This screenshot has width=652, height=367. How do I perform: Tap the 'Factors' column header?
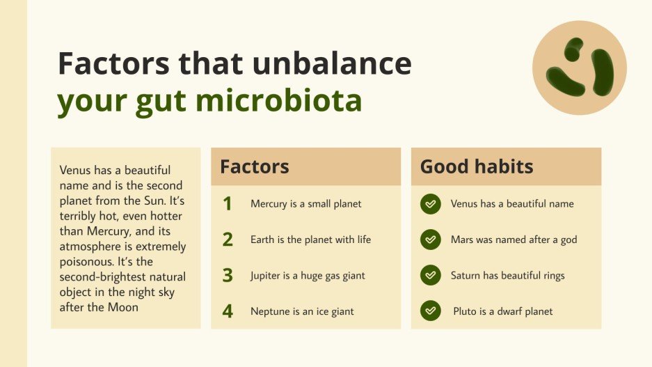(x=255, y=166)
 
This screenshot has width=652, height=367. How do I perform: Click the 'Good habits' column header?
(x=477, y=166)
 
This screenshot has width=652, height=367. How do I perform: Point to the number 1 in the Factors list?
(x=227, y=204)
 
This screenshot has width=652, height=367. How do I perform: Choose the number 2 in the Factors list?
(x=228, y=240)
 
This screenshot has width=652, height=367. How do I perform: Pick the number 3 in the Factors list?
(x=228, y=275)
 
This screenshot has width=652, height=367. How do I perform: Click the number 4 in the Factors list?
(x=228, y=311)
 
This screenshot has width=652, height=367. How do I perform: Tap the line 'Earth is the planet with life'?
(x=310, y=240)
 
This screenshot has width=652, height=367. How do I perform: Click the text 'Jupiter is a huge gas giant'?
(x=308, y=275)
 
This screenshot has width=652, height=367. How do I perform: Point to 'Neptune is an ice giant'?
(x=302, y=311)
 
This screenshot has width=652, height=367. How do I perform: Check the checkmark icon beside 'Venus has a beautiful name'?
(x=431, y=204)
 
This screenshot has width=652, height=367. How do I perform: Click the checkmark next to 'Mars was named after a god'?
(x=431, y=240)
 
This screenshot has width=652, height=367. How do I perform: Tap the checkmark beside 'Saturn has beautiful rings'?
(x=431, y=275)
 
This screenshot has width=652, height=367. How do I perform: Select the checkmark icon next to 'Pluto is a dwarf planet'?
(x=431, y=311)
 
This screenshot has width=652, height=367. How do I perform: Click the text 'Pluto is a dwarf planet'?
(x=502, y=311)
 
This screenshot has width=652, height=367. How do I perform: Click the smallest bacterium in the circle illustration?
(x=574, y=49)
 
